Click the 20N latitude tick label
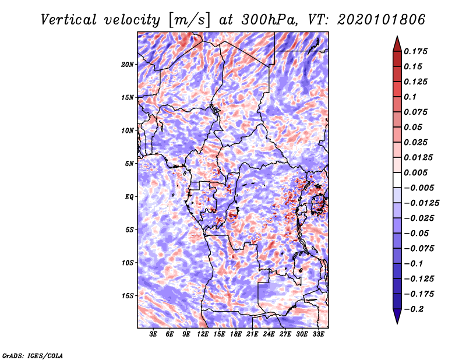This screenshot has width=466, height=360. tap(128, 65)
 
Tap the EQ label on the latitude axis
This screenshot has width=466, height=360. tap(129, 197)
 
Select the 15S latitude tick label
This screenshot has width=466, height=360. tap(128, 296)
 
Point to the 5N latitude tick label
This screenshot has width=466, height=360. tap(129, 164)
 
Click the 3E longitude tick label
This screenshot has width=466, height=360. tap(153, 334)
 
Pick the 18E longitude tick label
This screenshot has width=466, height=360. tap(236, 334)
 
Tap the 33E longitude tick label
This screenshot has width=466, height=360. tap(318, 334)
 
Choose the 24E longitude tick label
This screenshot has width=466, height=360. tap(269, 334)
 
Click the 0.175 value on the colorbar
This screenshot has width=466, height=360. tap(415, 51)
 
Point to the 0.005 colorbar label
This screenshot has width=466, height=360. tap(415, 172)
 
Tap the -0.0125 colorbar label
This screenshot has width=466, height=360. tap(421, 203)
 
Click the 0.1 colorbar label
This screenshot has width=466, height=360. tap(410, 97)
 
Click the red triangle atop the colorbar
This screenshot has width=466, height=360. tap(397, 44)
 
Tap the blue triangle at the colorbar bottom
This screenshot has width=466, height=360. tap(397, 316)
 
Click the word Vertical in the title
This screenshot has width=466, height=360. tap(69, 20)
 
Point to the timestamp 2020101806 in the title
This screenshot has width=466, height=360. tap(382, 20)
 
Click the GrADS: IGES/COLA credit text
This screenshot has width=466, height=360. tap(33, 355)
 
